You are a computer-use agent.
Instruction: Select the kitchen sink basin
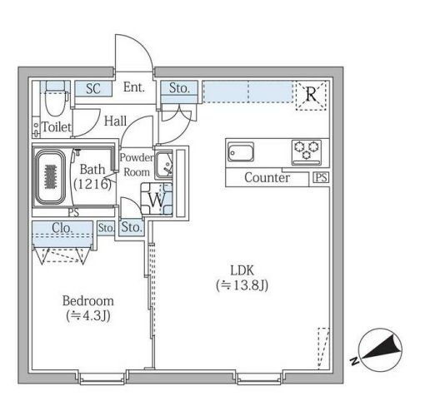coord(242,153)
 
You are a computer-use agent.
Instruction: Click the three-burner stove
coord(305,151)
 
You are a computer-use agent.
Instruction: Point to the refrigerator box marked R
coord(312,95)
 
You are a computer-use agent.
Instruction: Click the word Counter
coord(267,178)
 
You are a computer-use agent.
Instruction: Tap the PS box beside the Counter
coord(321,178)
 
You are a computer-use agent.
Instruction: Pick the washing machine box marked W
coord(157,199)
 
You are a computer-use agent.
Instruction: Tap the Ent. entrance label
coord(134,87)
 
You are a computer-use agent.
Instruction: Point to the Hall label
coord(116,121)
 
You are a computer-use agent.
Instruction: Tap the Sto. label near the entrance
coord(178,87)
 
